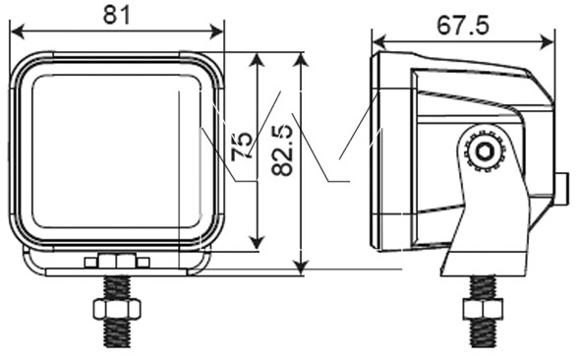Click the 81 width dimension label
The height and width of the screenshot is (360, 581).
(117, 16)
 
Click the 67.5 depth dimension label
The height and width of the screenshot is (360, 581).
(462, 26)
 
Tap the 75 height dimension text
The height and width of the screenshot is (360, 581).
(242, 147)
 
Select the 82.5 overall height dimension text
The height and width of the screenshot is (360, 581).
(282, 150)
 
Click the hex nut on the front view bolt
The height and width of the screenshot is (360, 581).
(117, 309)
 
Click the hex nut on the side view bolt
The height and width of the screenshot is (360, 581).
(483, 309)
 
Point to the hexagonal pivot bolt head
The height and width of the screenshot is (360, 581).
(484, 152)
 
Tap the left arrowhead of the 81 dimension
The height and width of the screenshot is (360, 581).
(18, 31)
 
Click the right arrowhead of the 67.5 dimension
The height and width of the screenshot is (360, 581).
(547, 41)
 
